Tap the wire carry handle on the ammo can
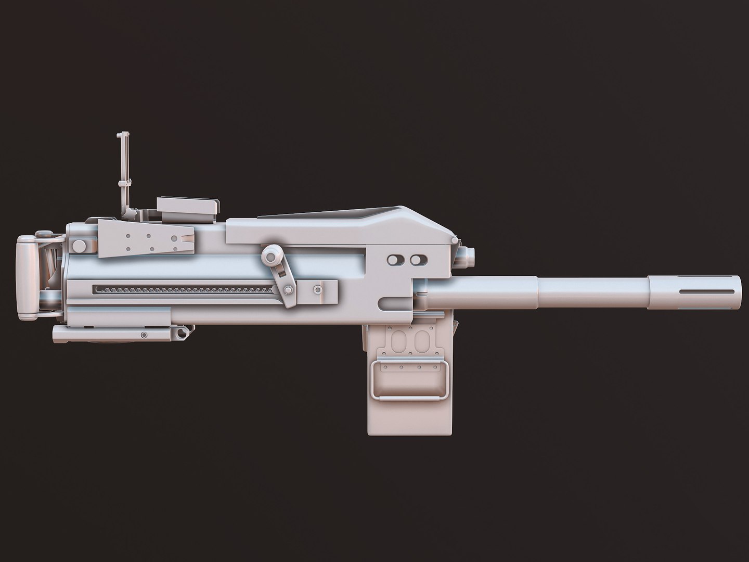(409, 398)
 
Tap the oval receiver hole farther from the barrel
(397, 259)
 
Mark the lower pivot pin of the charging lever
(288, 289)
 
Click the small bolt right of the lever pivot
(317, 289)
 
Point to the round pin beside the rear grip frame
(79, 245)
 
